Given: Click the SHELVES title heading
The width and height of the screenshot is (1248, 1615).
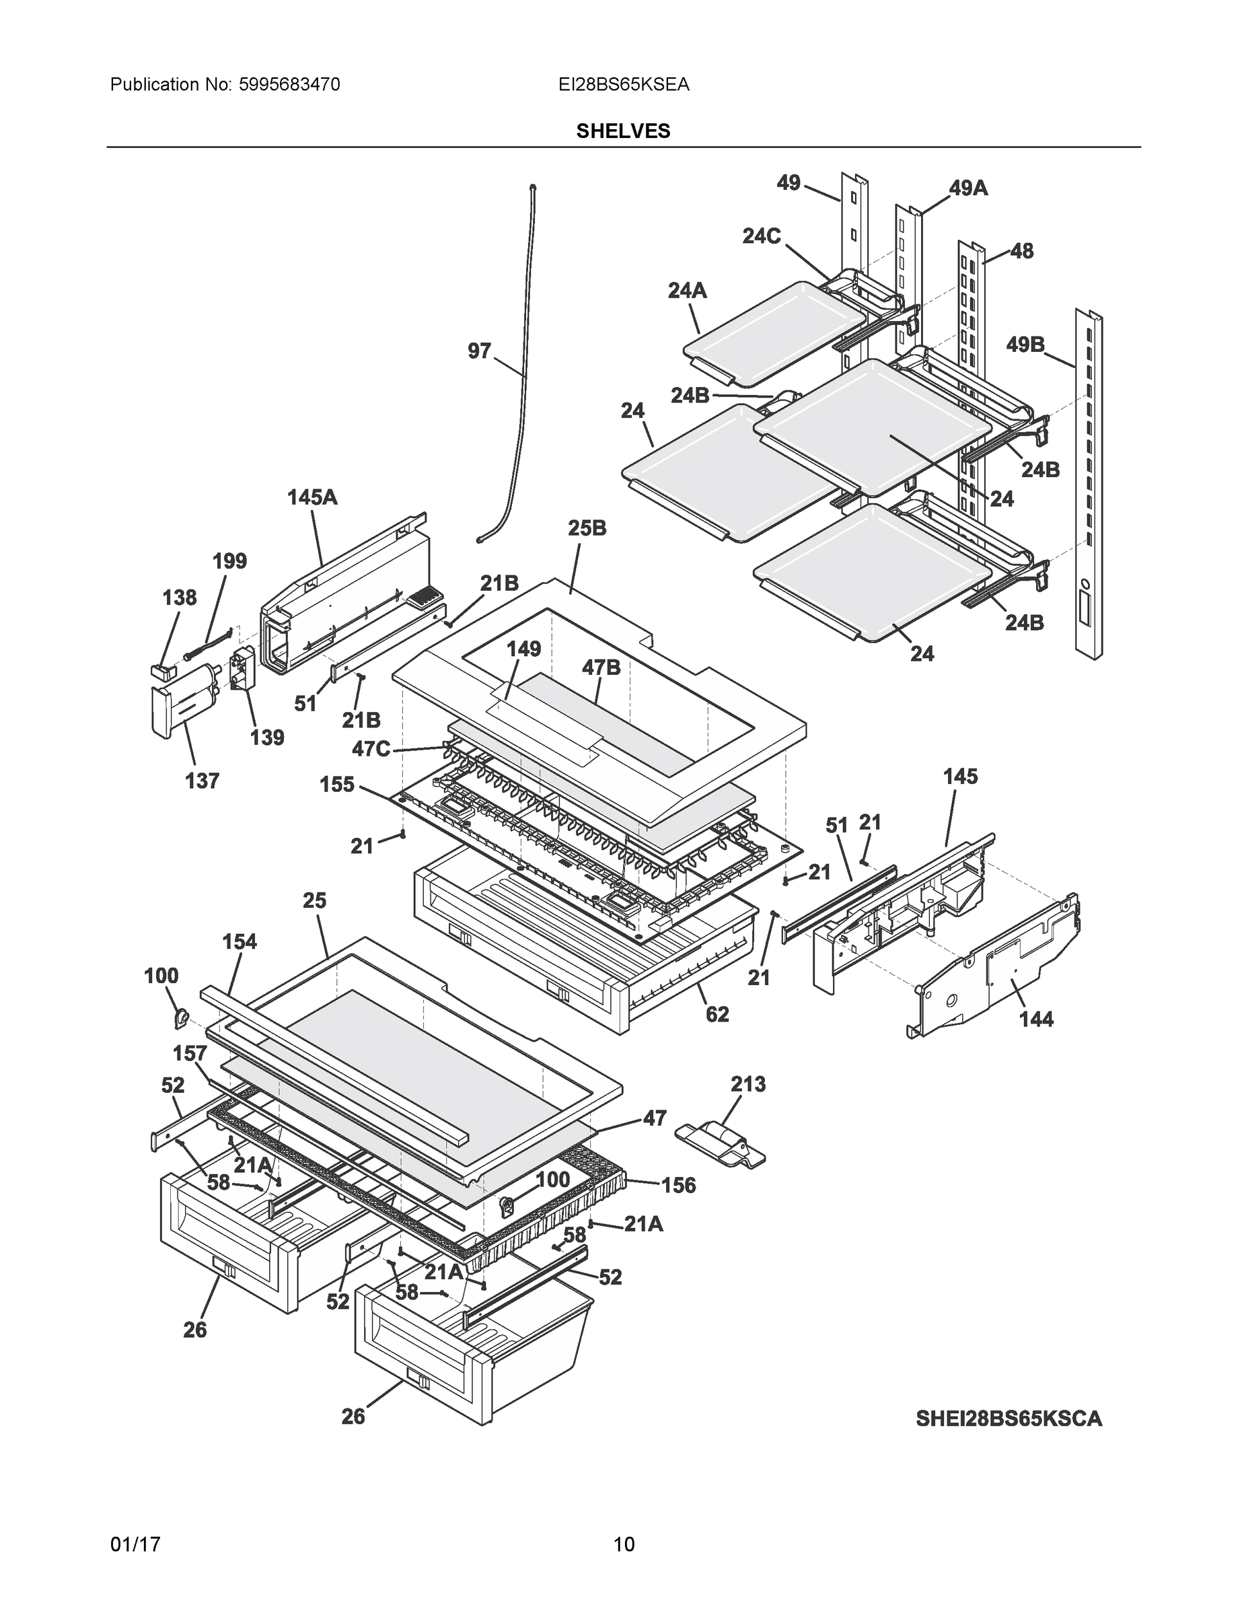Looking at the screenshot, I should (622, 131).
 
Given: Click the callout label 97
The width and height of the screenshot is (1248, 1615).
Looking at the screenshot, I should (479, 351).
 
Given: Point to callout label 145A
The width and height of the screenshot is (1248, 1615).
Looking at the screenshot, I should (312, 498).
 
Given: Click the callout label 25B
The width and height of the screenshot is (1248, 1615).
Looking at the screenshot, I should (587, 528).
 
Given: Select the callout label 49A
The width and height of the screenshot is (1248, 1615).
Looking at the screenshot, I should (968, 188).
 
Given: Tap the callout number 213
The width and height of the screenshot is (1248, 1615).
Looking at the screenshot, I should (747, 1084).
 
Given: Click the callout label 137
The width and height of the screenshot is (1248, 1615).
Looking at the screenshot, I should (202, 780).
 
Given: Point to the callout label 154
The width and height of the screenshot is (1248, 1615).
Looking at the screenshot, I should (240, 941).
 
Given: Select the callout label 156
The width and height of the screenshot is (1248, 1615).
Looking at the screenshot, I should (678, 1186).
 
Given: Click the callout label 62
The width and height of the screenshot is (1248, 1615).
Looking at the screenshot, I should (717, 1014).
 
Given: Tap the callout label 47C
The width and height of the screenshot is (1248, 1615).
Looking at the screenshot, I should (371, 748).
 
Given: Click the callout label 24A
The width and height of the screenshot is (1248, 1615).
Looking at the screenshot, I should (687, 291).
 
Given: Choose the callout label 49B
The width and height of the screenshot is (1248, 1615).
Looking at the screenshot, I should (1025, 345).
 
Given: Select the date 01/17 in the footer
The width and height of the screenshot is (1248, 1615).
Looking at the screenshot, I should (135, 1544).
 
